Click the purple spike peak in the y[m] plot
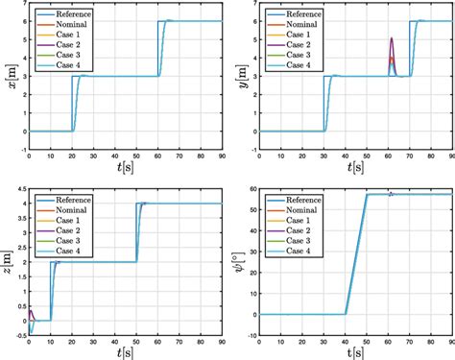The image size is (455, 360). (391, 38)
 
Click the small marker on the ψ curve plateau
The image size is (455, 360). (391, 193)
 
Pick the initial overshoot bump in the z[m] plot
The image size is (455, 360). (31, 311)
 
